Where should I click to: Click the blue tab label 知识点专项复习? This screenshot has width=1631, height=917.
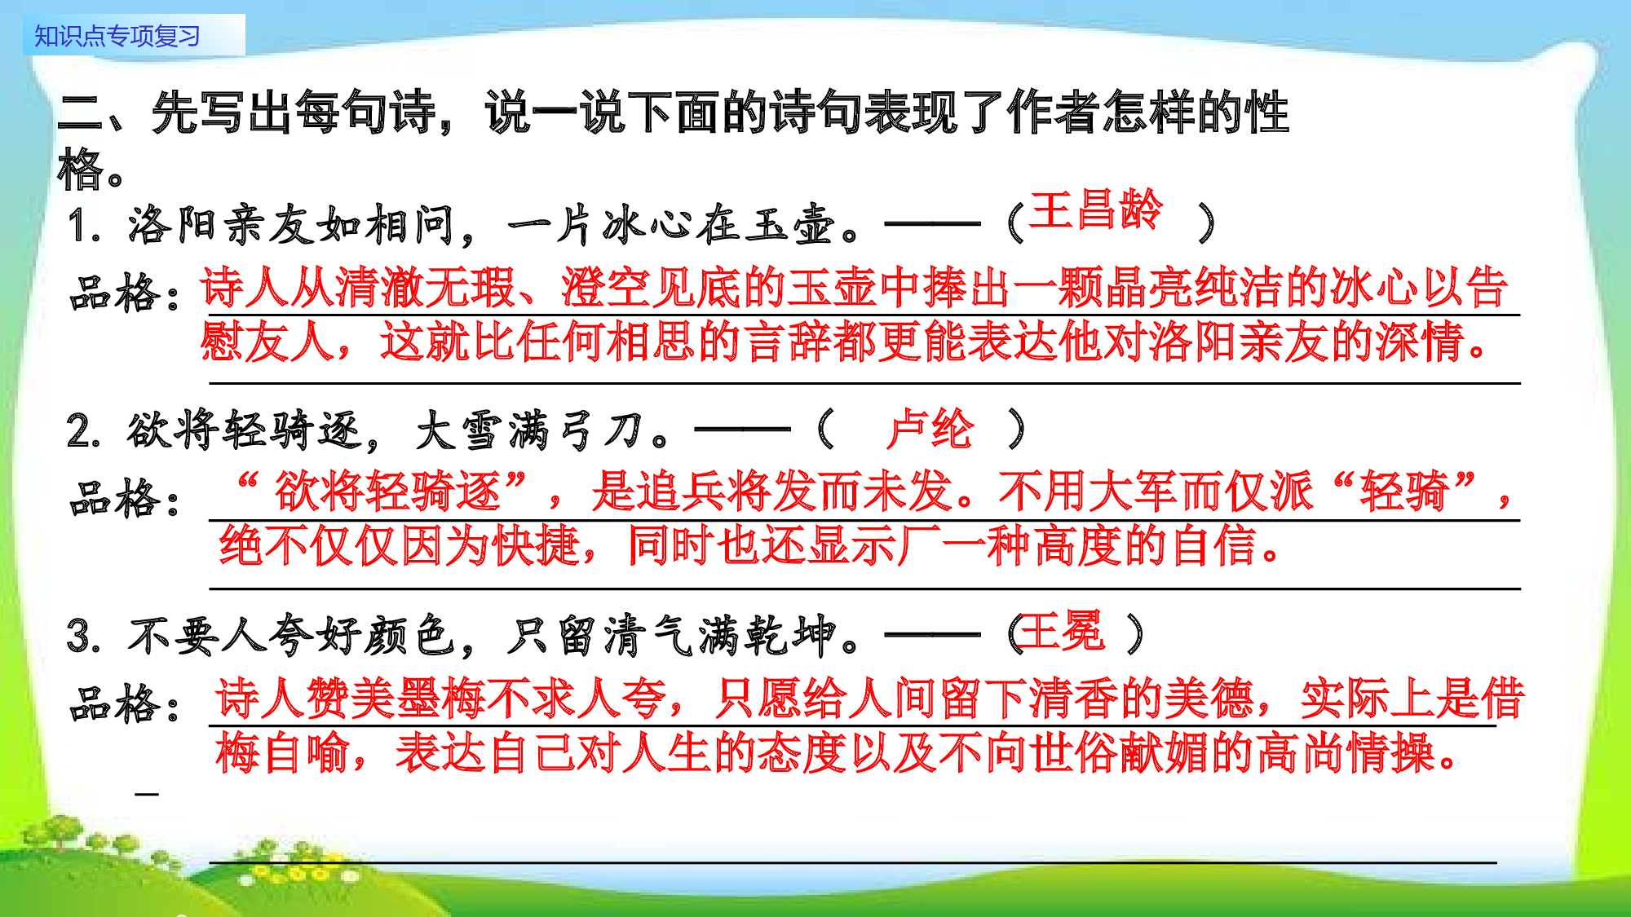pyautogui.click(x=117, y=36)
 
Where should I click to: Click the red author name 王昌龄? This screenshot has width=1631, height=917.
pyautogui.click(x=1095, y=210)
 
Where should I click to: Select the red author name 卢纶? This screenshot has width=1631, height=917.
pyautogui.click(x=930, y=429)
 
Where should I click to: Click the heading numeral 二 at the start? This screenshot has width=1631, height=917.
pyautogui.click(x=80, y=112)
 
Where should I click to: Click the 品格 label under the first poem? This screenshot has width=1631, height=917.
pyautogui.click(x=122, y=293)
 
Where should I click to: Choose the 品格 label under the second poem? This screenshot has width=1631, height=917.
pyautogui.click(x=122, y=498)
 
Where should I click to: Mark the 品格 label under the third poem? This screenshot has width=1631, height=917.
pyautogui.click(x=122, y=703)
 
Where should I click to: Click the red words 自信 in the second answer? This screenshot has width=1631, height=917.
pyautogui.click(x=1215, y=545)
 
